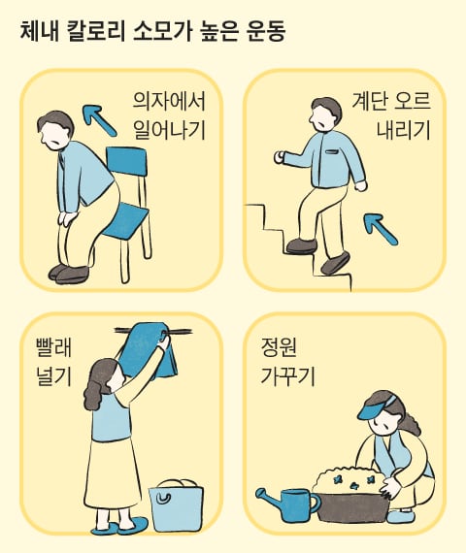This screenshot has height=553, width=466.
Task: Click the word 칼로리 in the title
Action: [x=95, y=32]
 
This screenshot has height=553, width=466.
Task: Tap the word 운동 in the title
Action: [x=264, y=32]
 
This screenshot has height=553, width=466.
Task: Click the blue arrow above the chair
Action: [x=99, y=120]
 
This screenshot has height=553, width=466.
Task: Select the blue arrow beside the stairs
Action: [x=381, y=229]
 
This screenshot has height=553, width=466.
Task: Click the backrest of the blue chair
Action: [x=126, y=161]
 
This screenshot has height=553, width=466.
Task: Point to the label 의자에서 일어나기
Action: [x=169, y=116]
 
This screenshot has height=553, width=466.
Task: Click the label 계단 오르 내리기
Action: [x=391, y=116]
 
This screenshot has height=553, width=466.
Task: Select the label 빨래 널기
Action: [x=54, y=362]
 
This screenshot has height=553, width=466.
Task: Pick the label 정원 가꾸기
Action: [x=287, y=362]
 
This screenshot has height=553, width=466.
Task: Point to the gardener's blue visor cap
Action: [x=377, y=409]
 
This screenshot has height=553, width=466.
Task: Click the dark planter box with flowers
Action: [x=352, y=501]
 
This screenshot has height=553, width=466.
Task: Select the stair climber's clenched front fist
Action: [x=280, y=157]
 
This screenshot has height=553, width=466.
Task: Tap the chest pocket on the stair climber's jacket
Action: [x=332, y=152]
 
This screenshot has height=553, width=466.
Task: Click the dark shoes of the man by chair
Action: [x=69, y=274]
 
